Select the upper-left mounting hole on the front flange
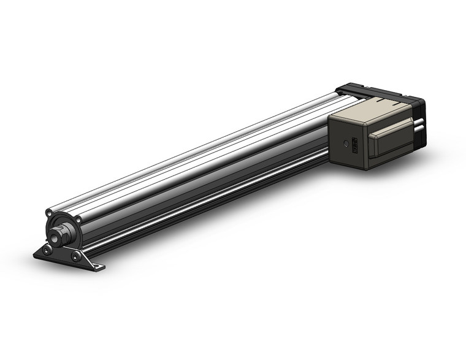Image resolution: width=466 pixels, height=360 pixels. tap(48, 213)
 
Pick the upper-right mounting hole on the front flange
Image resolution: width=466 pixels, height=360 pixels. tap(78, 220)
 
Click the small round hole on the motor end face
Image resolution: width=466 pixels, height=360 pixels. tap(346, 143)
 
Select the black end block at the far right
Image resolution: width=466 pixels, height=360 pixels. tap(421, 110)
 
